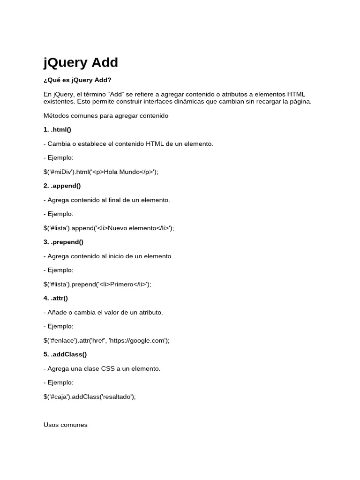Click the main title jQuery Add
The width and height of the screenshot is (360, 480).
point(81,63)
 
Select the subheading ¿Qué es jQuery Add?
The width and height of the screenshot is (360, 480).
point(77,80)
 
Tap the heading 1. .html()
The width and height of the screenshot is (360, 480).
point(57,129)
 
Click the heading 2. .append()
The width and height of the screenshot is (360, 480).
point(62,186)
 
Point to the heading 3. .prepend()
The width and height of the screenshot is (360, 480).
point(63,242)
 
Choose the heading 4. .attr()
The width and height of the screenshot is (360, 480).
point(56,298)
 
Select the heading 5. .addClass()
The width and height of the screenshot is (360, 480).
point(65,354)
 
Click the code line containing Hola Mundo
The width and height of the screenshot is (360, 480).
point(101,172)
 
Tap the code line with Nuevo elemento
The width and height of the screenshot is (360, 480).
point(109,228)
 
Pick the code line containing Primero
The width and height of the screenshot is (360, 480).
point(97,284)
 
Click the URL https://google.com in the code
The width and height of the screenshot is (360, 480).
point(139,340)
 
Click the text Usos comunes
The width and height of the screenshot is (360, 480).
point(65,425)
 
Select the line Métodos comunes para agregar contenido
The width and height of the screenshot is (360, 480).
point(106,115)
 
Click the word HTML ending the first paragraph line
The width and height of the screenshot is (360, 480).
point(296,94)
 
